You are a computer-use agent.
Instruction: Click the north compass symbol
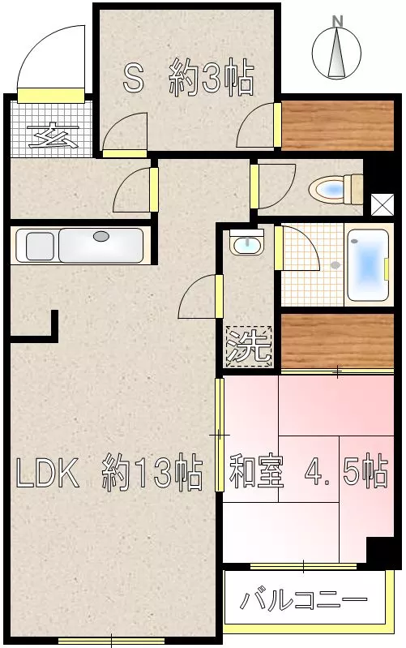point(336,49)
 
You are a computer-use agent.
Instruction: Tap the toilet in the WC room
point(335,189)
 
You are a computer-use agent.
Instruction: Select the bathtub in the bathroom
point(368,264)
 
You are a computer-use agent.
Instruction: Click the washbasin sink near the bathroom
point(246,244)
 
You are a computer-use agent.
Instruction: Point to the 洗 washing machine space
point(249,346)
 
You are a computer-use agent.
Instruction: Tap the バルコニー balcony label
point(304,600)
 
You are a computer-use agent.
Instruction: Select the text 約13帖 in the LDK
point(152,472)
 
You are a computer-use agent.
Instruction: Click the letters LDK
point(47,472)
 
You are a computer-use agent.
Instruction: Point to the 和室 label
point(257,471)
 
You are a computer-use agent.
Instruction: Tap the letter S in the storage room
point(134,79)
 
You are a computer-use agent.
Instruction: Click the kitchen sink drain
point(100,236)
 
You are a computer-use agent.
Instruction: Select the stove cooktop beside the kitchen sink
point(40,247)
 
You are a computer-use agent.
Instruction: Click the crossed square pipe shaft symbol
point(382,204)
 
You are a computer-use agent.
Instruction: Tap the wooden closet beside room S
point(337,125)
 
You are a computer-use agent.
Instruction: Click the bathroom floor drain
point(335,265)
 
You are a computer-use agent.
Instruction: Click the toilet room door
point(272,186)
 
